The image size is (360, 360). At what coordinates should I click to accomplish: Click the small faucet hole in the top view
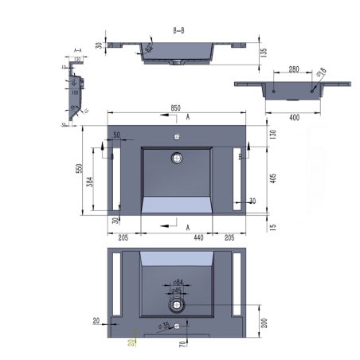tap(176, 136)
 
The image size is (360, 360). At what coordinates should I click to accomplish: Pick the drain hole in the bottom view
tap(176, 304)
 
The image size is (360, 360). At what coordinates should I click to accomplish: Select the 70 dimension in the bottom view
tap(182, 344)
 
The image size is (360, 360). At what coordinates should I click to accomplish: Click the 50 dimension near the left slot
tap(116, 135)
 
